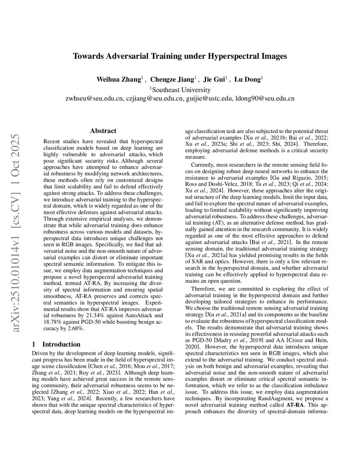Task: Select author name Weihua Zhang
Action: pyautogui.click(x=119, y=79)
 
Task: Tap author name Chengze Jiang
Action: pyautogui.click(x=172, y=79)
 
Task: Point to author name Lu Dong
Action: pyautogui.click(x=247, y=79)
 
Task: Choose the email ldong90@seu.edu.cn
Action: pyautogui.click(x=265, y=98)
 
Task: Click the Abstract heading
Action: pyautogui.click(x=103, y=131)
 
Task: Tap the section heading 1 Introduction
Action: pyautogui.click(x=56, y=344)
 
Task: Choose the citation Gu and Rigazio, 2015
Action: pyautogui.click(x=299, y=178)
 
